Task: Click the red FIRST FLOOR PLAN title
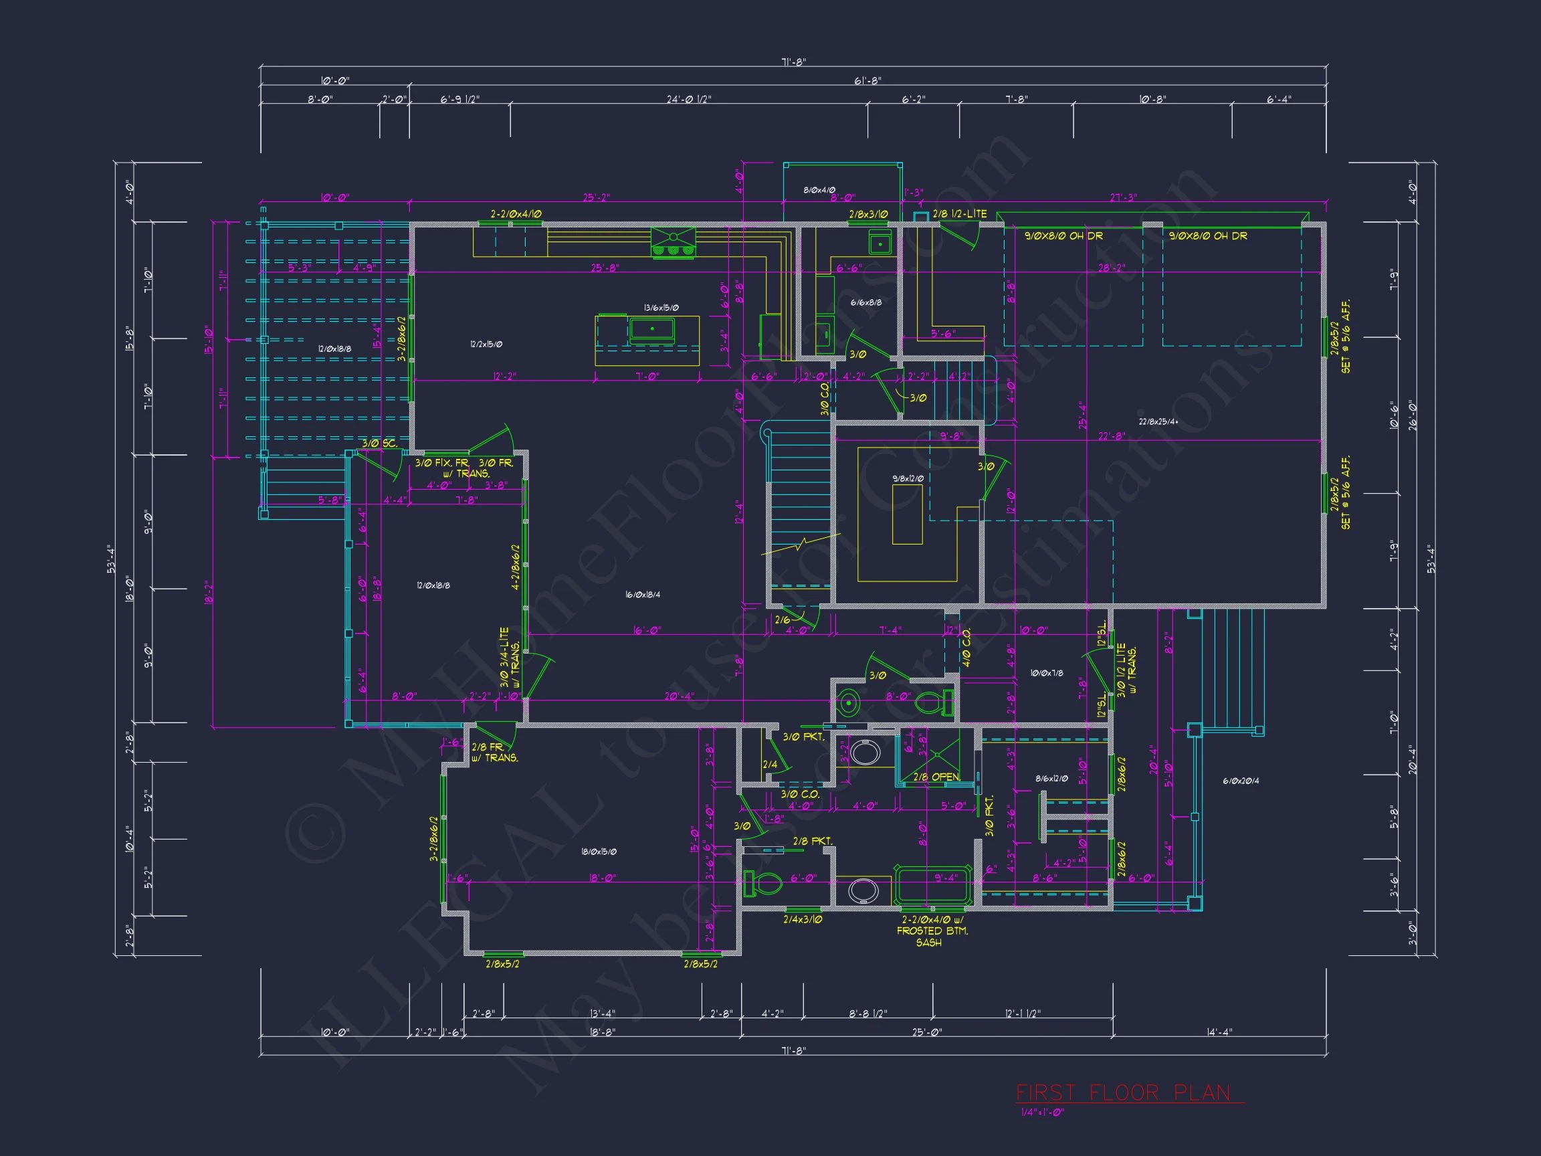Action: [1123, 1092]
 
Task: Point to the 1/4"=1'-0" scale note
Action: [1042, 1112]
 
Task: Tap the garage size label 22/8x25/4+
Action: [1158, 421]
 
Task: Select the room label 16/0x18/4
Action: [642, 594]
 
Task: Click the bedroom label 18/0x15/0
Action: [599, 852]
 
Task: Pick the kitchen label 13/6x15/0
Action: [660, 307]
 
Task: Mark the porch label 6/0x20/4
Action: [1241, 781]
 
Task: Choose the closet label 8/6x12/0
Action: [1051, 778]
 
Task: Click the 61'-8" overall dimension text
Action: [867, 81]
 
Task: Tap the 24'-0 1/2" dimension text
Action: [688, 100]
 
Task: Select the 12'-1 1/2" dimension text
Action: [1023, 1013]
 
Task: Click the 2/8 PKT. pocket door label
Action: [812, 841]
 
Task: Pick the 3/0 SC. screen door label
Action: [379, 443]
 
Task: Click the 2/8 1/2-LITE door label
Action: [959, 214]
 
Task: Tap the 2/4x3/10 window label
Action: [803, 919]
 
